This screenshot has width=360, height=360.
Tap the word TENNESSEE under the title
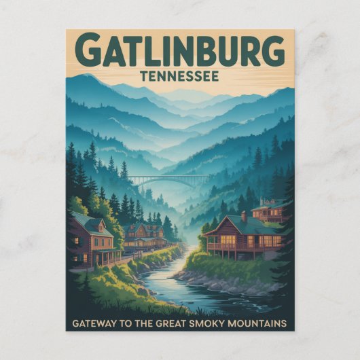tap(179, 76)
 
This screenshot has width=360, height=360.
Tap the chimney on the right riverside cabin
tap(243, 217)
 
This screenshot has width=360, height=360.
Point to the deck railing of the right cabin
tap(238, 249)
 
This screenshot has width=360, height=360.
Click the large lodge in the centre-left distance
tap(144, 234)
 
